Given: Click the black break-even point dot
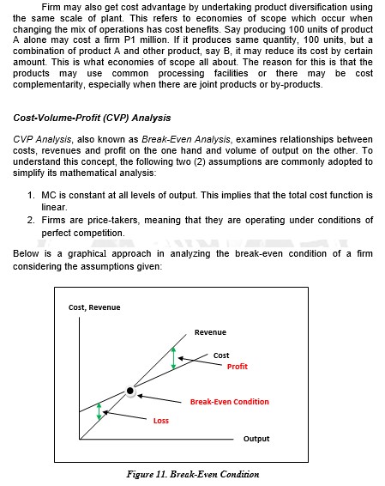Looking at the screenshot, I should [x=130, y=391].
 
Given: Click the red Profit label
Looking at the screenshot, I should [x=238, y=367].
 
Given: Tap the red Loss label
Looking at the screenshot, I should [x=161, y=420].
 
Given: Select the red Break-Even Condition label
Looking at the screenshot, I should [x=229, y=401].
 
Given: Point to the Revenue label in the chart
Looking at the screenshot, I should [x=210, y=331].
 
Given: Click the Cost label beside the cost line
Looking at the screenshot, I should [x=221, y=355].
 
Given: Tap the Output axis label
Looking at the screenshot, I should [x=256, y=439].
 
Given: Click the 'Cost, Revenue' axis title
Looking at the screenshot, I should [x=94, y=307].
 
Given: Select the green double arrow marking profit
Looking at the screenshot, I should [x=173, y=358].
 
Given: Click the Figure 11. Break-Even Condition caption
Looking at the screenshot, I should [x=192, y=474].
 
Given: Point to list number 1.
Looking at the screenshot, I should [x=32, y=196].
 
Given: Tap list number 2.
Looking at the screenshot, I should [x=32, y=220].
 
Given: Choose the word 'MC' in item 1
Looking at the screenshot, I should [x=48, y=196].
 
